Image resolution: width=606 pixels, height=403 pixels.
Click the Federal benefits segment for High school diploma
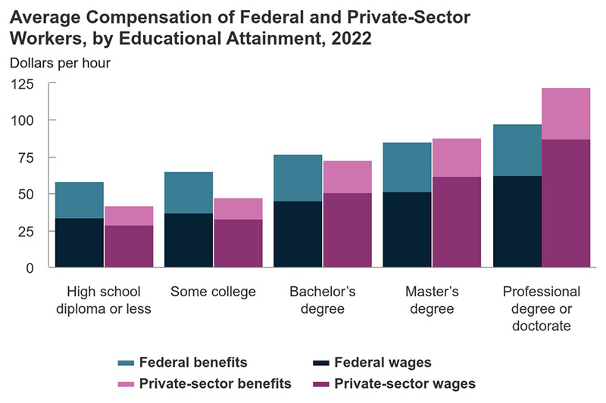(x=80, y=200)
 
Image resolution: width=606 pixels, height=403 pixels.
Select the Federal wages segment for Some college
(x=189, y=240)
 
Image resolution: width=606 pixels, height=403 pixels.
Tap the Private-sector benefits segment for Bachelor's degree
(x=347, y=177)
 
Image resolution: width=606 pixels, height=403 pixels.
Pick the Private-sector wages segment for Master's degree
(x=457, y=222)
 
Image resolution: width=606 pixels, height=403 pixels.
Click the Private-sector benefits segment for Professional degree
(x=566, y=114)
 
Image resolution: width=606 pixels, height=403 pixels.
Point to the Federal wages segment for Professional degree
(x=517, y=221)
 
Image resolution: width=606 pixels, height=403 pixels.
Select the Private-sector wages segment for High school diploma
(x=129, y=246)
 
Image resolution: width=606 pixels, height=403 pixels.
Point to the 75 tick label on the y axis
(x=28, y=158)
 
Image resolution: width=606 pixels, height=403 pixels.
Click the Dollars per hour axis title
(x=61, y=63)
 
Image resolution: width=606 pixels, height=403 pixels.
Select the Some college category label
(x=214, y=292)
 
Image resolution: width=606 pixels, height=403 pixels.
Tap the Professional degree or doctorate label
(x=542, y=308)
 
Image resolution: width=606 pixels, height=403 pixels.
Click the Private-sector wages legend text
(x=405, y=384)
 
